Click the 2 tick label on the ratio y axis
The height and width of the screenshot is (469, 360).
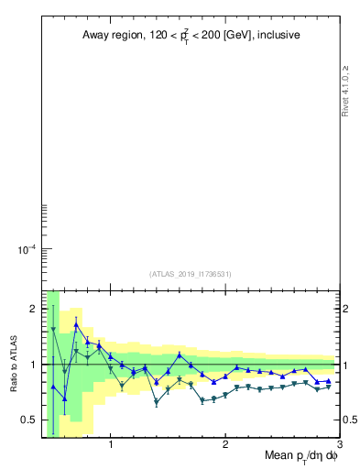31,309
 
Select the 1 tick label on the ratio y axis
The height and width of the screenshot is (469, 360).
31,365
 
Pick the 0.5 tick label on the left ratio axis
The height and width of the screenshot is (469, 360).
27,420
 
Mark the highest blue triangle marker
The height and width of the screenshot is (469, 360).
76,325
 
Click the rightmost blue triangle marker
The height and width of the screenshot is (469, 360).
328,381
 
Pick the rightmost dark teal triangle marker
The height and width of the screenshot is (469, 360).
328,387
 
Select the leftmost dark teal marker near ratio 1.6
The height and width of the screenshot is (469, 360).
53,330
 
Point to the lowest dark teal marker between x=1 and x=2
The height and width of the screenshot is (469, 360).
157,402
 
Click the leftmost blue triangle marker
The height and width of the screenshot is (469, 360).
53,387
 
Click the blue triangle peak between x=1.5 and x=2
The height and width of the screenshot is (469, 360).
180,355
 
